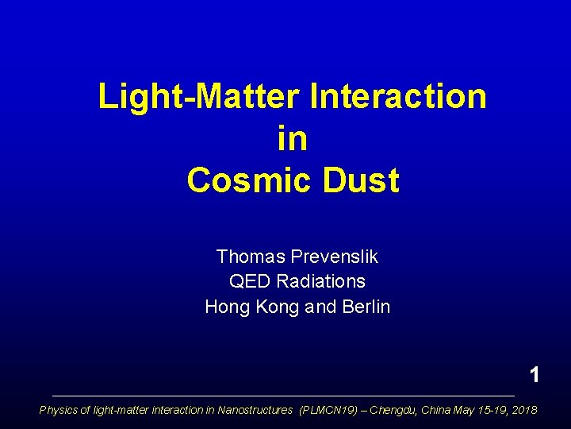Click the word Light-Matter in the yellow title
pyautogui.click(x=199, y=97)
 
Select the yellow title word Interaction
pyautogui.click(x=400, y=97)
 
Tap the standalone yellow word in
pyautogui.click(x=293, y=139)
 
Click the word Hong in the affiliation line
pyautogui.click(x=226, y=306)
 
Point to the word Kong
pyautogui.click(x=278, y=306)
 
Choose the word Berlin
pyautogui.click(x=365, y=306)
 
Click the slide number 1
pyautogui.click(x=535, y=375)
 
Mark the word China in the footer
pyautogui.click(x=436, y=410)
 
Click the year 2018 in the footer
pyautogui.click(x=523, y=410)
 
